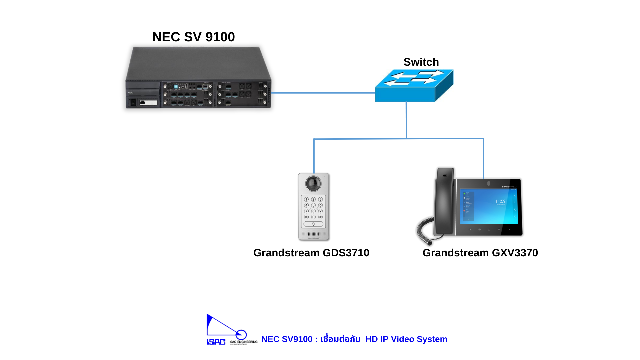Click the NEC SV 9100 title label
click(x=193, y=37)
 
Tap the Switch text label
click(x=421, y=62)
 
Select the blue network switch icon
click(x=414, y=86)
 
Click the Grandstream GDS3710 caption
click(x=311, y=253)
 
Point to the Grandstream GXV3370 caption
click(x=480, y=253)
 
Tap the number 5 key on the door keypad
click(x=313, y=205)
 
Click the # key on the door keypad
click(x=320, y=217)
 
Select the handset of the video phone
click(x=445, y=200)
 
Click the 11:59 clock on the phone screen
click(x=500, y=201)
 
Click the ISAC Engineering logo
click(x=231, y=330)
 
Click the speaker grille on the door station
click(x=313, y=234)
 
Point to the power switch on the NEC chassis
click(x=133, y=103)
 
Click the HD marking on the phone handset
click(x=445, y=176)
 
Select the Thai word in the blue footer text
click(x=340, y=339)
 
